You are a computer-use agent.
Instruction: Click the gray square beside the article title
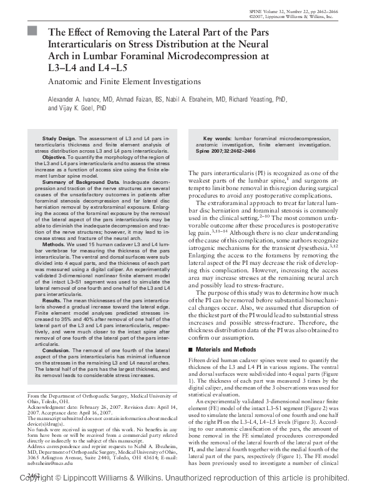[32, 31]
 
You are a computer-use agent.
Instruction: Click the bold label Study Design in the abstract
[59, 138]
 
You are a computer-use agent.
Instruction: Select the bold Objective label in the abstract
[54, 158]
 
